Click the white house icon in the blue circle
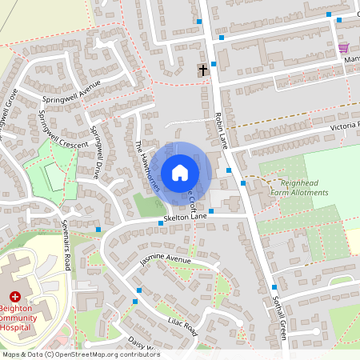(x=180, y=172)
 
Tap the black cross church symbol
(x=202, y=70)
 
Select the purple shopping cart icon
(x=342, y=47)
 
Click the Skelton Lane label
(x=188, y=217)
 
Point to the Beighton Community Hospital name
(x=24, y=317)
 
